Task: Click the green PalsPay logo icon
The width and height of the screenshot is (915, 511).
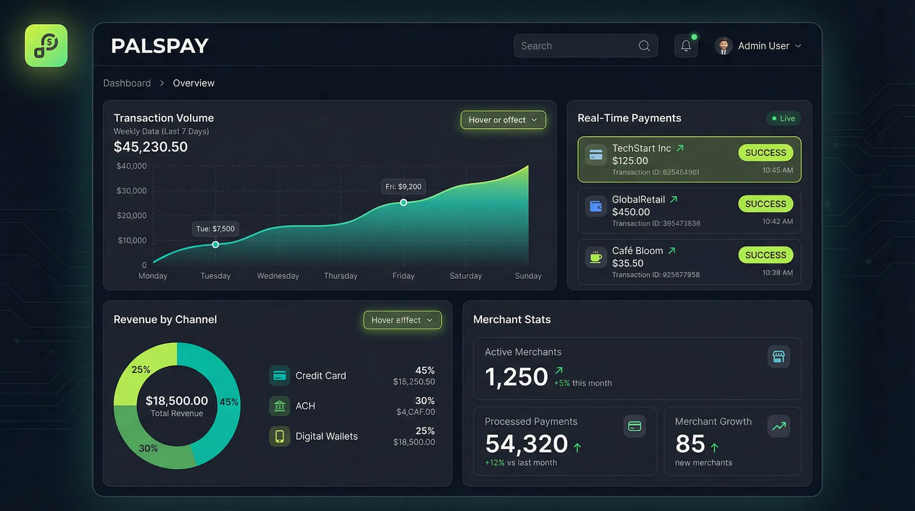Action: pyautogui.click(x=46, y=46)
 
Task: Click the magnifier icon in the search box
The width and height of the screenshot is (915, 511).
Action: pyautogui.click(x=644, y=46)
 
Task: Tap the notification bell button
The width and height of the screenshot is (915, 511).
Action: pyautogui.click(x=686, y=46)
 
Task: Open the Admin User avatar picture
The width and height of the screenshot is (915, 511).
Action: pyautogui.click(x=723, y=46)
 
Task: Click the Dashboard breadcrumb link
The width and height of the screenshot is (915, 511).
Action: pyautogui.click(x=127, y=83)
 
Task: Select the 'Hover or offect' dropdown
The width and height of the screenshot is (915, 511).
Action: pyautogui.click(x=503, y=120)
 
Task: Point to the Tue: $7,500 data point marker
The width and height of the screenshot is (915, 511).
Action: pyautogui.click(x=215, y=245)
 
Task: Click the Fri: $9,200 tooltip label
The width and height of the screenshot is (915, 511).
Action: pyautogui.click(x=403, y=186)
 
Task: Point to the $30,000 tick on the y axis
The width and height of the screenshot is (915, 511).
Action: pyautogui.click(x=132, y=191)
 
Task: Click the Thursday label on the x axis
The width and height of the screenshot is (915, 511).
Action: pyautogui.click(x=340, y=276)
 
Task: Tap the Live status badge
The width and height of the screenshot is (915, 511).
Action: pyautogui.click(x=783, y=118)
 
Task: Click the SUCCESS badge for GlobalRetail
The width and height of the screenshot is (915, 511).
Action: pyautogui.click(x=765, y=204)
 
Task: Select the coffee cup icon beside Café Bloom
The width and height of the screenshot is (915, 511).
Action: pyautogui.click(x=596, y=257)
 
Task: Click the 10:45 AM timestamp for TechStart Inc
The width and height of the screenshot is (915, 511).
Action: pyautogui.click(x=777, y=170)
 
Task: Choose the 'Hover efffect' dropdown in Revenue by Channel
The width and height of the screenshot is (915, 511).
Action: pyautogui.click(x=402, y=320)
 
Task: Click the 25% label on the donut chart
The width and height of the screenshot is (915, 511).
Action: pyautogui.click(x=141, y=369)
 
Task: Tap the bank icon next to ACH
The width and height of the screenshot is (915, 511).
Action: pyautogui.click(x=280, y=406)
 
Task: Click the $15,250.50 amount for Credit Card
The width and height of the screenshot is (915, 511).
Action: pyautogui.click(x=414, y=381)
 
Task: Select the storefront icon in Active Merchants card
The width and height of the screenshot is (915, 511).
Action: pyautogui.click(x=778, y=357)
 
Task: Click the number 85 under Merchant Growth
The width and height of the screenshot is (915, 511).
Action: pyautogui.click(x=690, y=444)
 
